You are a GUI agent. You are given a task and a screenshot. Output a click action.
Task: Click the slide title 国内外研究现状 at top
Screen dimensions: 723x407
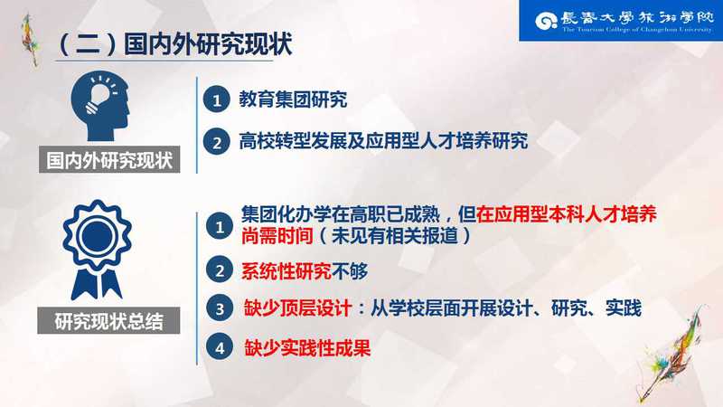175,44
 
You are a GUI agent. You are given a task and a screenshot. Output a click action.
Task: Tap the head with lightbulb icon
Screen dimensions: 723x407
99,106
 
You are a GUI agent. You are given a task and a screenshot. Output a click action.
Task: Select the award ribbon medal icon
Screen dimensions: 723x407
97,250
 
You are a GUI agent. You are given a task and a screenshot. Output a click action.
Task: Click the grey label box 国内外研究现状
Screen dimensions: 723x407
109,160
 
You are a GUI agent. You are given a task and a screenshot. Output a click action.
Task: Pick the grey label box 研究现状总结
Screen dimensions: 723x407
108,321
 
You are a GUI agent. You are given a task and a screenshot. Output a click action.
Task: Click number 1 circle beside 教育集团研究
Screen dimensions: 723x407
216,99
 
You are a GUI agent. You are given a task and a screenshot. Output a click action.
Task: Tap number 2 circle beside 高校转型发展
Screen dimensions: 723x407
216,142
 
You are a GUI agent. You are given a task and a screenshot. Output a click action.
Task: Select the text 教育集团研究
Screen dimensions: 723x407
293,99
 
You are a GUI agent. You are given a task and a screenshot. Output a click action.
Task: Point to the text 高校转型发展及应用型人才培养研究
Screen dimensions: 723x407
383,141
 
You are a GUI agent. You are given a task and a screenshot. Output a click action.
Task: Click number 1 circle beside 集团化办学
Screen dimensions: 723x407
219,225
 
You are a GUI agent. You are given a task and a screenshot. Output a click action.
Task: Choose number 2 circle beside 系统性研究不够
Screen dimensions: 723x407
219,270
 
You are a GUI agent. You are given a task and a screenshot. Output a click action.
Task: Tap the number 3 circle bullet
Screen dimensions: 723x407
220,308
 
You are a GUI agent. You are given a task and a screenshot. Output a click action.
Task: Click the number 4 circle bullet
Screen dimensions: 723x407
220,347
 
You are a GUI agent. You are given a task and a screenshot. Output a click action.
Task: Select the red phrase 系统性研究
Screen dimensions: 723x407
286,271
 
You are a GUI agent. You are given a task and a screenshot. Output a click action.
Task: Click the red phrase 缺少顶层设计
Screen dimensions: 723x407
298,308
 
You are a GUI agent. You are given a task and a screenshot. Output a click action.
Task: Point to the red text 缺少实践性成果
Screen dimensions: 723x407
307,348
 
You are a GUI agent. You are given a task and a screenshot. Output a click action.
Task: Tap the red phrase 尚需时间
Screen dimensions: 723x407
277,236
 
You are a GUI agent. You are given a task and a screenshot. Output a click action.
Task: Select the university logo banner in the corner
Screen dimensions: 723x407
621,21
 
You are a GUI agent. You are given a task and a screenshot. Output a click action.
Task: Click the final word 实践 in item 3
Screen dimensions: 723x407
624,308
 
